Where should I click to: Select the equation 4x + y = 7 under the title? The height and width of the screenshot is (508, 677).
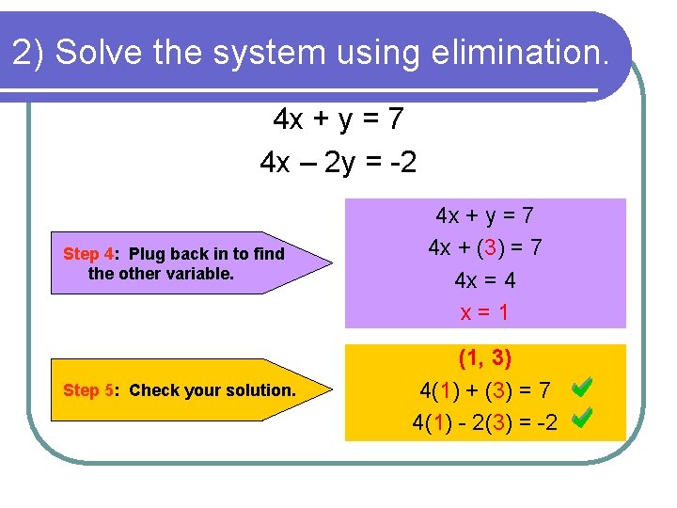pyautogui.click(x=338, y=119)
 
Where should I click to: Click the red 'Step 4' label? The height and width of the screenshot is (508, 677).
pyautogui.click(x=87, y=254)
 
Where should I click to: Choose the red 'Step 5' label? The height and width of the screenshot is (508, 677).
pyautogui.click(x=87, y=390)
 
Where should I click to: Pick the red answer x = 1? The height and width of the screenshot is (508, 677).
pyautogui.click(x=484, y=312)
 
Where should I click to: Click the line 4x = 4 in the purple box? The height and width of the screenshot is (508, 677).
pyautogui.click(x=484, y=280)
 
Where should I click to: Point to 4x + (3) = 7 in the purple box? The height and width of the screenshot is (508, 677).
pyautogui.click(x=484, y=248)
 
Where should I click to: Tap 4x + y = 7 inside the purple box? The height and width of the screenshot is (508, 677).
pyautogui.click(x=484, y=215)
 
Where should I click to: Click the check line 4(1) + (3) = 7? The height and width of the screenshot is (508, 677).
pyautogui.click(x=484, y=389)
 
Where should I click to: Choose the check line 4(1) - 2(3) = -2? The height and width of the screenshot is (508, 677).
pyautogui.click(x=484, y=422)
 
